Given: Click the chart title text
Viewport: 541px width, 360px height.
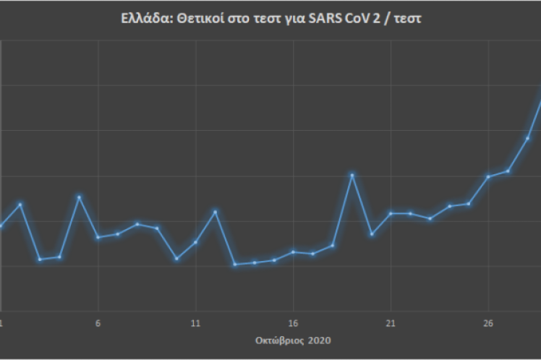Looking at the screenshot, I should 271,20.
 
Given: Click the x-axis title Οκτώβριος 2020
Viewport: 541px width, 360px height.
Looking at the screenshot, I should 294,339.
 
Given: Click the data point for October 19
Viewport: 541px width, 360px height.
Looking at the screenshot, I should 352,175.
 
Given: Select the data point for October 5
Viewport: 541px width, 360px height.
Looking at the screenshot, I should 79,197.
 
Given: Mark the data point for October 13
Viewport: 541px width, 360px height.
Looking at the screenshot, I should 235,265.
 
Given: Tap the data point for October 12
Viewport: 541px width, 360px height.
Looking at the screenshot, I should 216,212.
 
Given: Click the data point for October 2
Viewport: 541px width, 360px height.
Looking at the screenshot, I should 20,205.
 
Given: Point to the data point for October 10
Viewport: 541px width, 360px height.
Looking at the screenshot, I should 176,258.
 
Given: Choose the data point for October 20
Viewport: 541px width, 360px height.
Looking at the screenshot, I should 372,234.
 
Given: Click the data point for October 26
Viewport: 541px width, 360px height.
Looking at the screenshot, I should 488,176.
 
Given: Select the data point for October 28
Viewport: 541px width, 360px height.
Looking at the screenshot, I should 527,138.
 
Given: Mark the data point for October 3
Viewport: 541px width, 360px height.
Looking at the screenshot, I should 40,260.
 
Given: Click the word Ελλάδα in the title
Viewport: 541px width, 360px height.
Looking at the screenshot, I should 140,20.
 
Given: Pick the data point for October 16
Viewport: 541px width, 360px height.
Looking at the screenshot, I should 293,252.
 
